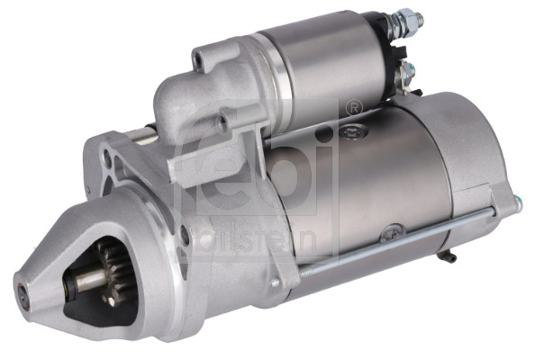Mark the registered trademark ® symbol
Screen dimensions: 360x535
pos(354,106)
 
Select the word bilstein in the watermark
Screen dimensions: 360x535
pos(270,236)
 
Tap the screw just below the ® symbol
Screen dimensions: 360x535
pos(349,131)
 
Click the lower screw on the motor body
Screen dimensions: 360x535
pos(389,232)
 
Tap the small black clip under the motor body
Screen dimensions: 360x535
pos(443,257)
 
